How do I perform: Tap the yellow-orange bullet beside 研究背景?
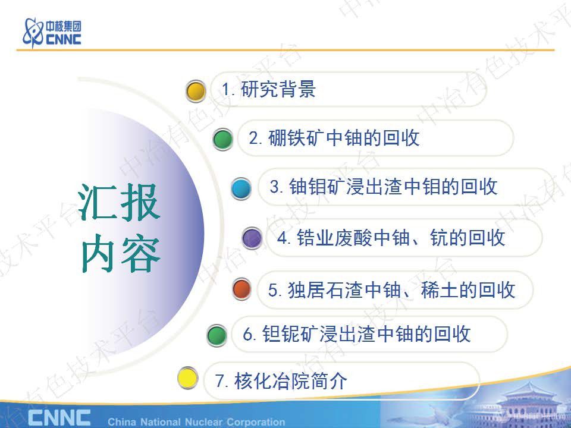pyautogui.click(x=196, y=91)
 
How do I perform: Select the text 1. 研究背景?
pyautogui.click(x=268, y=90)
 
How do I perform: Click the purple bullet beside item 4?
pyautogui.click(x=252, y=238)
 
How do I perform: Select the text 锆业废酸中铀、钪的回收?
pyautogui.click(x=391, y=238)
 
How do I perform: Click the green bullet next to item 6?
pyautogui.click(x=217, y=335)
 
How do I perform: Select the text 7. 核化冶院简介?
pyautogui.click(x=281, y=380)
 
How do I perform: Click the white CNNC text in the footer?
pyautogui.click(x=59, y=417)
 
